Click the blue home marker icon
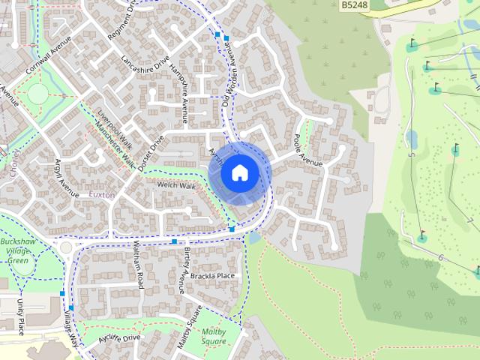[239, 173]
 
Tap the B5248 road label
[355, 5]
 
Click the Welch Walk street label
[175, 185]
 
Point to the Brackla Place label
[212, 276]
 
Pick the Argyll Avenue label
[67, 178]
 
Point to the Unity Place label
[20, 316]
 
